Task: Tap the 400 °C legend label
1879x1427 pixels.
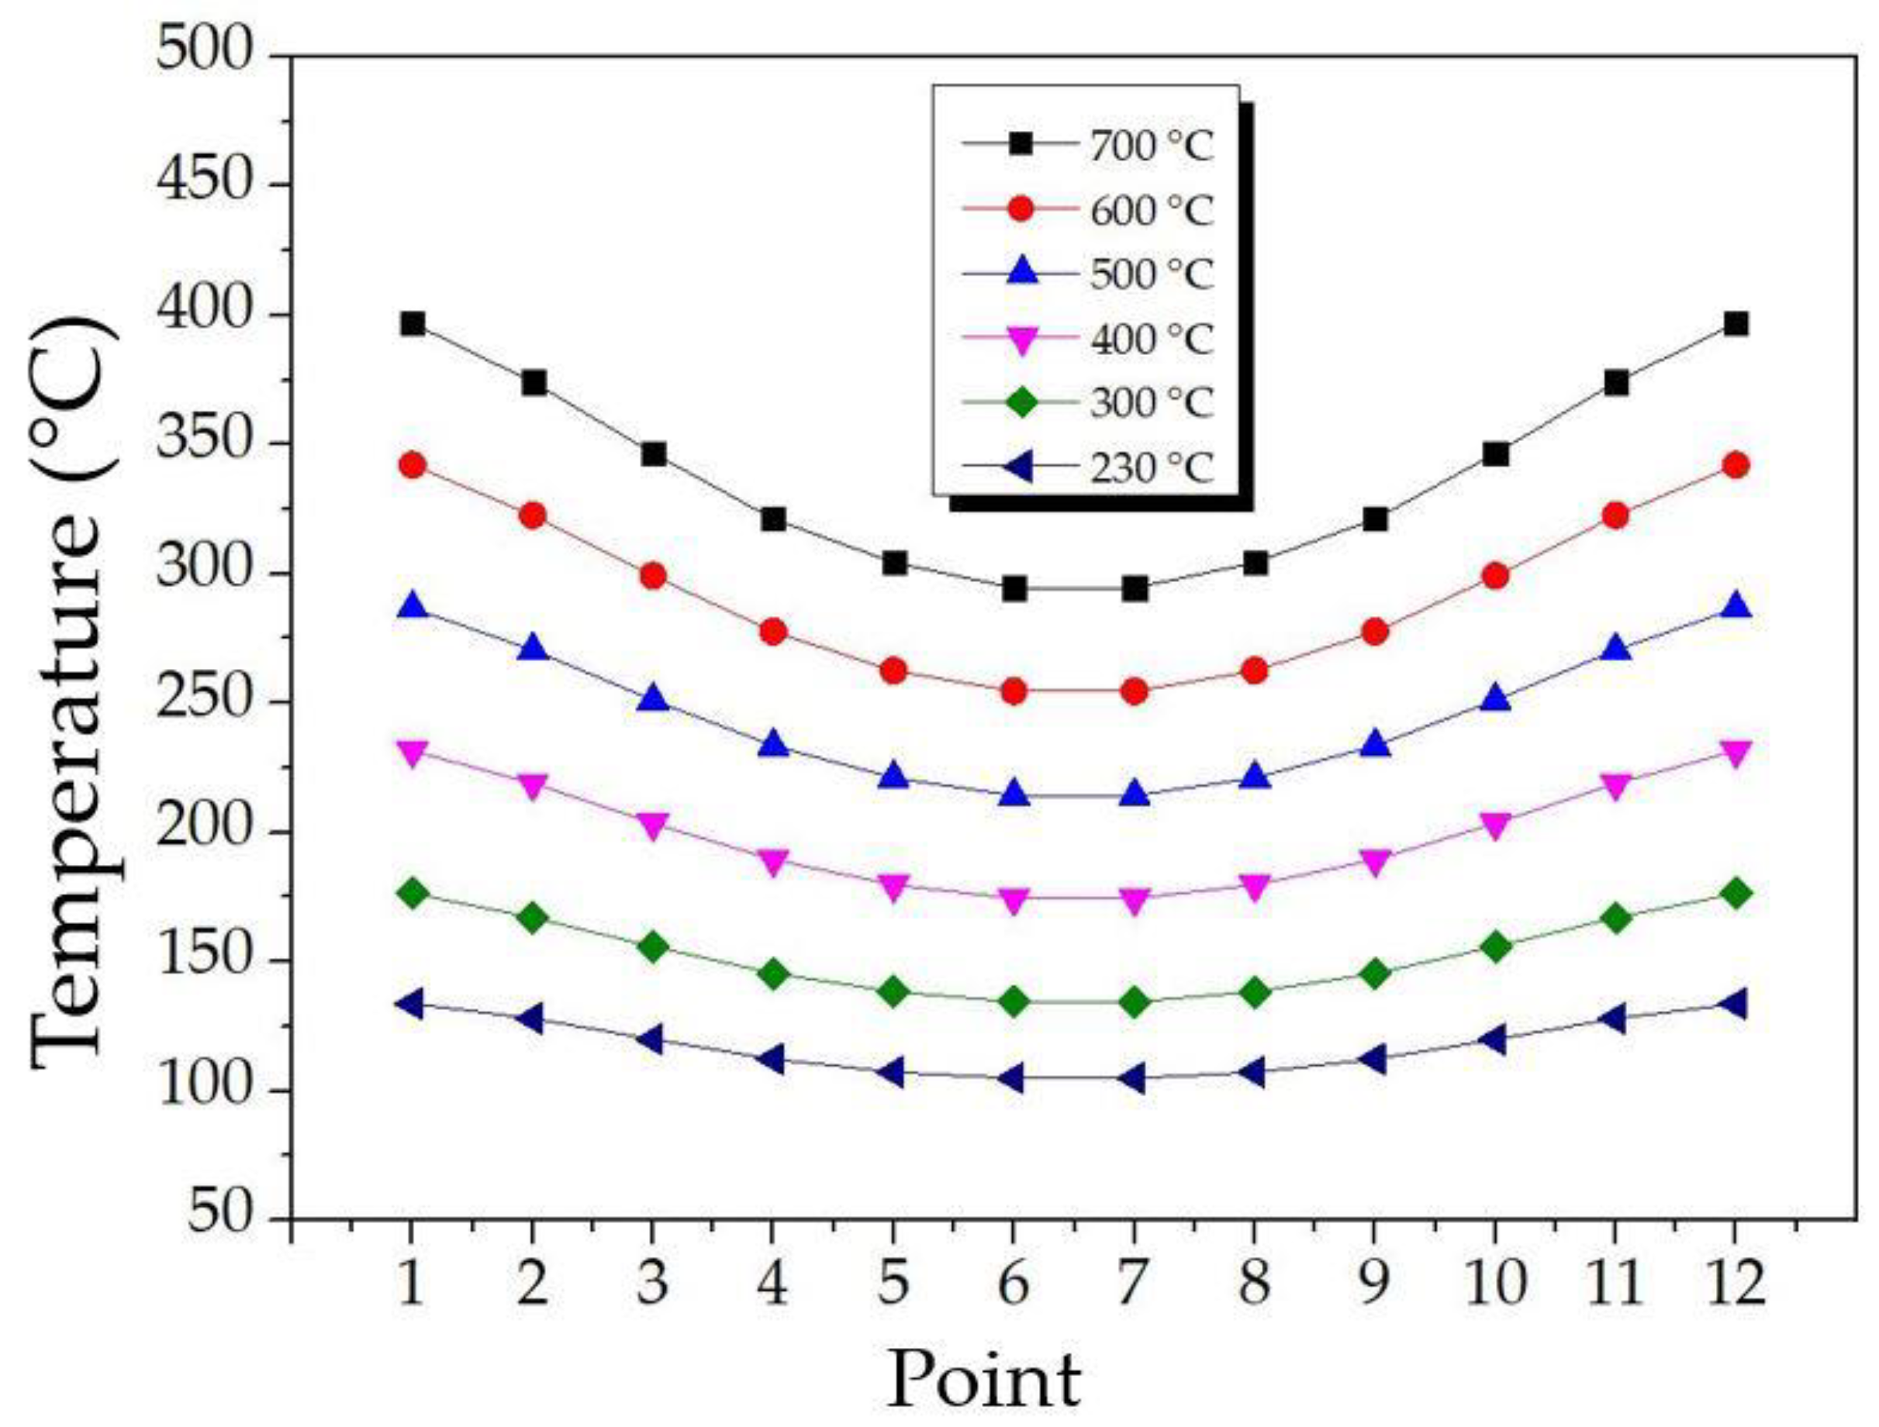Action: (1152, 339)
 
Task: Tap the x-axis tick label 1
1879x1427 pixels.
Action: (411, 1283)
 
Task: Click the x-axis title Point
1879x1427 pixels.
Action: (984, 1380)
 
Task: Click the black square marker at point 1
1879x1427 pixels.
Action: (413, 324)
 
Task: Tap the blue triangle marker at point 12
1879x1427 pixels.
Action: (1736, 606)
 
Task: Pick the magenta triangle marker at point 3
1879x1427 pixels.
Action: (653, 825)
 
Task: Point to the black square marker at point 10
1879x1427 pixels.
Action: (1496, 454)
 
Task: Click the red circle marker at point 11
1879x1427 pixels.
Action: (1615, 515)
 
